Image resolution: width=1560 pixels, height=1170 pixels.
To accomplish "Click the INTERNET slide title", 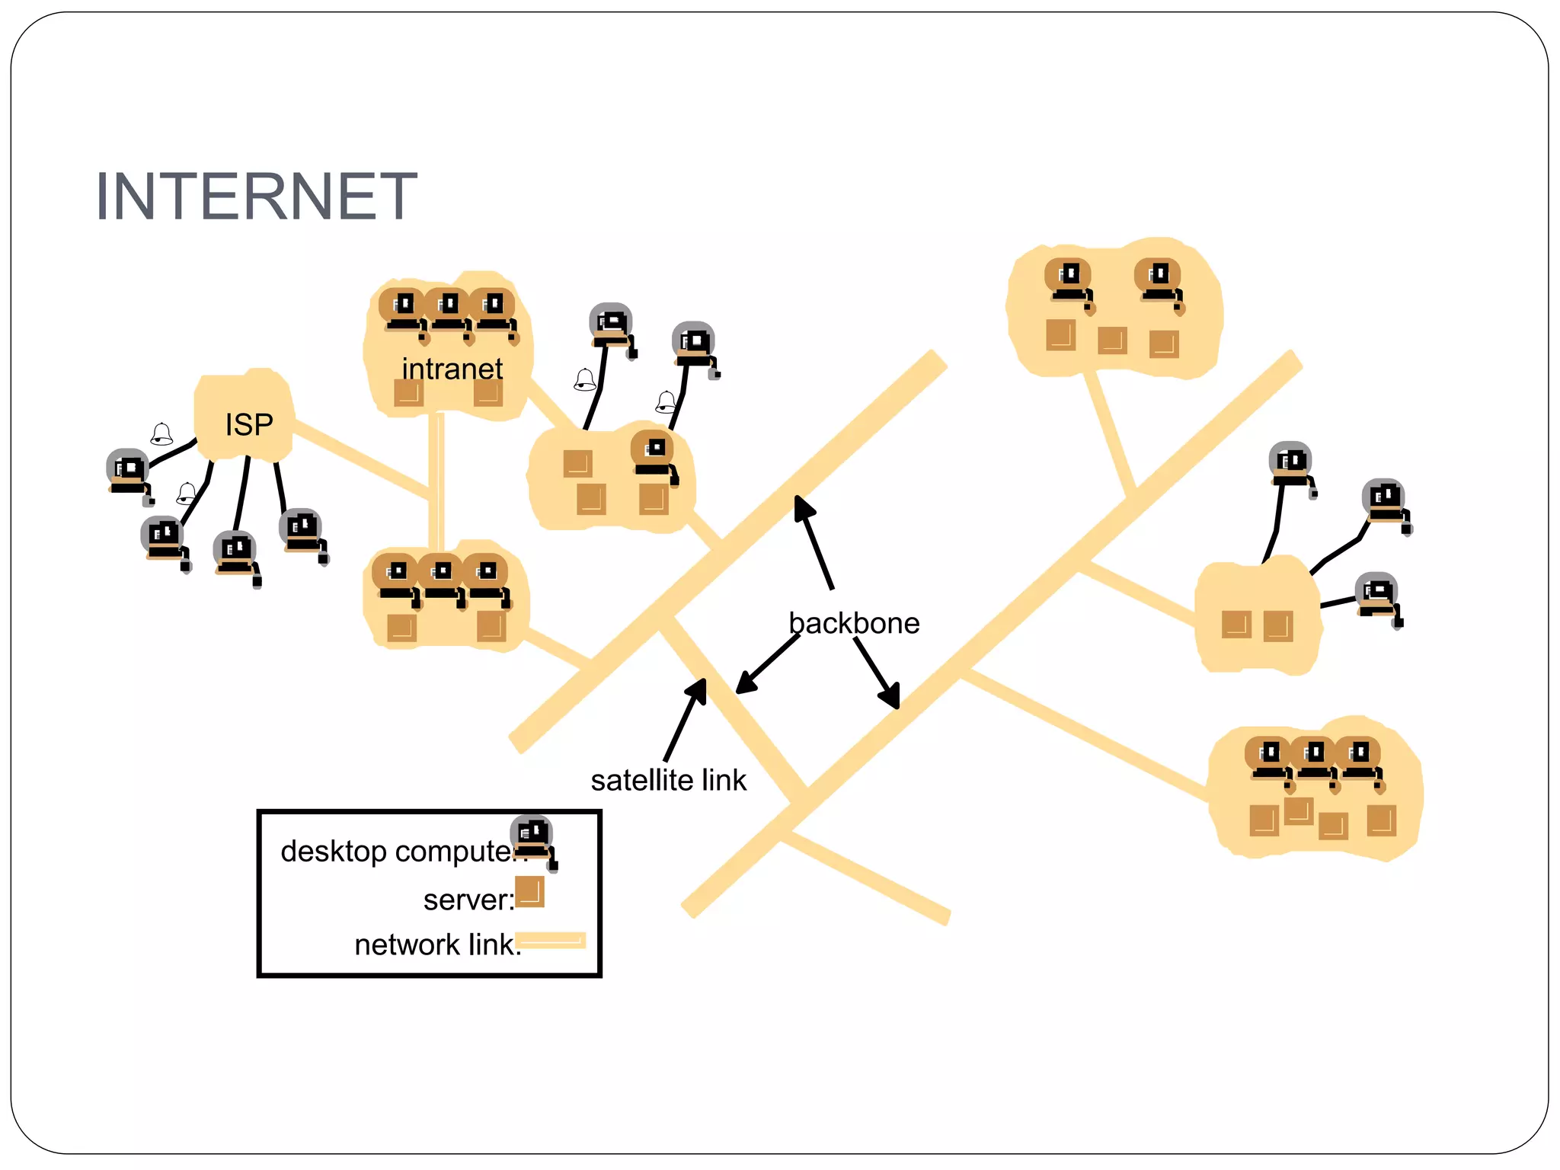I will [x=256, y=197].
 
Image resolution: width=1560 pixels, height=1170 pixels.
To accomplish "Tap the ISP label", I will [x=248, y=424].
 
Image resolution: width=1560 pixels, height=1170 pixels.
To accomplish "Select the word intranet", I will [x=452, y=369].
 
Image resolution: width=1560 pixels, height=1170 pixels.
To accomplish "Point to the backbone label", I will [x=853, y=623].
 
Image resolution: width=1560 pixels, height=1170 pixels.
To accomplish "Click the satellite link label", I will [x=668, y=780].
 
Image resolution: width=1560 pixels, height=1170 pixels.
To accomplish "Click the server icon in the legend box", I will [x=529, y=892].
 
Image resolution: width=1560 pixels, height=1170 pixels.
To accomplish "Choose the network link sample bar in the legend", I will [x=551, y=941].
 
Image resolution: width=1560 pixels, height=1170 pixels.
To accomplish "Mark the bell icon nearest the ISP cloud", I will [x=161, y=434].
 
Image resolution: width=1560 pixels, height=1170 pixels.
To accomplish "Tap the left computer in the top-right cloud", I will [x=1069, y=281].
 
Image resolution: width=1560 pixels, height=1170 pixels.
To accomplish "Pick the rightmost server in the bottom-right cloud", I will [x=1381, y=820].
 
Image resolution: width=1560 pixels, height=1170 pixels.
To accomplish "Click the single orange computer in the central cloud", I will [x=654, y=454].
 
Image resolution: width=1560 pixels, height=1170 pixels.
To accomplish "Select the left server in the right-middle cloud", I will [x=1236, y=625].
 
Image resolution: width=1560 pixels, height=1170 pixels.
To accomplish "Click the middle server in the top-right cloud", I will [x=1111, y=340].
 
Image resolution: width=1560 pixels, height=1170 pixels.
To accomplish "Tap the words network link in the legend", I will [x=434, y=945].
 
